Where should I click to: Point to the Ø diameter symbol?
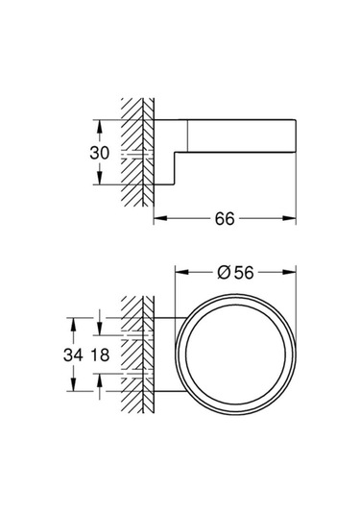[222, 273]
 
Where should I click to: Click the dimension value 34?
[73, 355]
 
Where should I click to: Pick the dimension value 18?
[101, 355]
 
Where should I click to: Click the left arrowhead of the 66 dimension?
[158, 220]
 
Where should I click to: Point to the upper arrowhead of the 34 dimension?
[73, 318]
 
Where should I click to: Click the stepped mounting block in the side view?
[169, 154]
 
